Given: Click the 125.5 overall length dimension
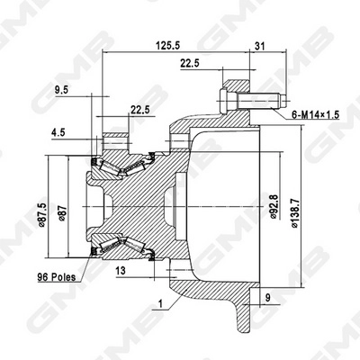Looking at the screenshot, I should [166, 44].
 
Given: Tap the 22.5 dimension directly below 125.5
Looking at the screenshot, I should [190, 63].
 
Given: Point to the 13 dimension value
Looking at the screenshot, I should [121, 269].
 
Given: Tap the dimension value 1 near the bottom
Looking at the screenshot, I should [159, 304].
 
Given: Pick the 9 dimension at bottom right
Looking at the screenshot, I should [266, 295].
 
